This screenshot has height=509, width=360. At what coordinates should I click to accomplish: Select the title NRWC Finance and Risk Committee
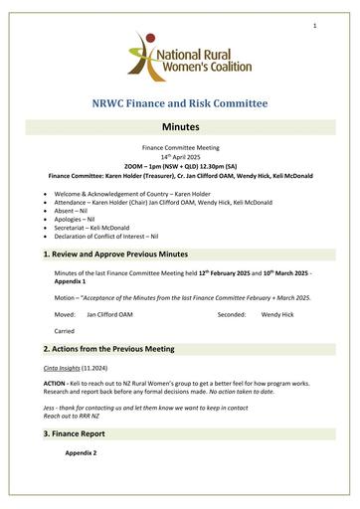tap(180, 103)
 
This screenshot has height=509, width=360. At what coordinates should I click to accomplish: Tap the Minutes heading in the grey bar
tap(180, 127)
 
